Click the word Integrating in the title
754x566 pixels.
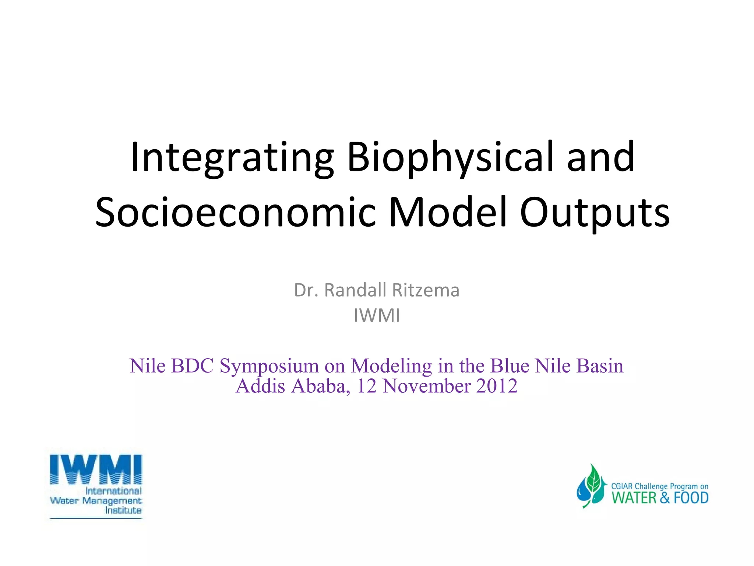click(x=232, y=158)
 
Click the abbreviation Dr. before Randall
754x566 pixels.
click(x=306, y=290)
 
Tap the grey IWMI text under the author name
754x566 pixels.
click(x=377, y=315)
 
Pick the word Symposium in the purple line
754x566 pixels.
click(x=269, y=366)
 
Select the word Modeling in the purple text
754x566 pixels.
click(x=391, y=366)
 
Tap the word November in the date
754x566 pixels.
click(x=426, y=386)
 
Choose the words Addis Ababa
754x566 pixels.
click(x=293, y=386)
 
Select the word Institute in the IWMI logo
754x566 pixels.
click(x=123, y=510)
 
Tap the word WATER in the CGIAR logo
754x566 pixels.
click(x=634, y=498)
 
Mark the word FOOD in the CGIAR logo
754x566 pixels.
click(x=691, y=498)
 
